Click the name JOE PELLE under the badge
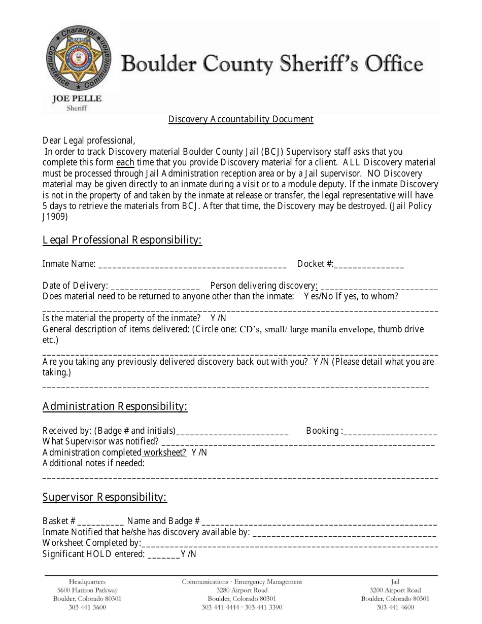(x=77, y=98)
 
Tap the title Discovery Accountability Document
(x=240, y=119)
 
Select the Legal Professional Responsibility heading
(x=122, y=240)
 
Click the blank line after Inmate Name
(x=192, y=265)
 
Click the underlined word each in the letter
(x=125, y=163)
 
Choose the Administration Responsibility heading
(x=115, y=406)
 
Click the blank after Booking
(x=390, y=432)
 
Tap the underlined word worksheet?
(x=164, y=453)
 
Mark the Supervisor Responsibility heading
(x=105, y=497)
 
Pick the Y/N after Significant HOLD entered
(x=188, y=554)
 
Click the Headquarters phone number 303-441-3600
(x=87, y=607)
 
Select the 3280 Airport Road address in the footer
(x=242, y=590)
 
